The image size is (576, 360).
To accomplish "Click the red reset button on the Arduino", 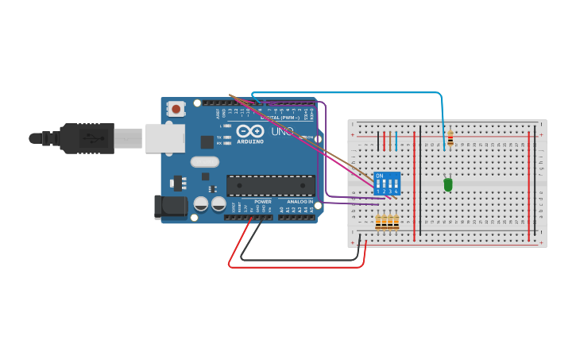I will click(176, 107).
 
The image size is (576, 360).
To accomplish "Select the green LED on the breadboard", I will click(448, 184).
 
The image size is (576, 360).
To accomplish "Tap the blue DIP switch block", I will click(386, 184).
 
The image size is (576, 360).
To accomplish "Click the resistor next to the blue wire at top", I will click(450, 138).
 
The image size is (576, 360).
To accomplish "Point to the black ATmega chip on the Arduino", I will click(270, 185).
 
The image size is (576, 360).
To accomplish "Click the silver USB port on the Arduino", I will click(164, 138).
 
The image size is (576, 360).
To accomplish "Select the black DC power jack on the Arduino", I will click(171, 207).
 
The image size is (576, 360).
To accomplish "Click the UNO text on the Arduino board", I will click(283, 130).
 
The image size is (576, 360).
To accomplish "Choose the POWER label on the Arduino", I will click(262, 202).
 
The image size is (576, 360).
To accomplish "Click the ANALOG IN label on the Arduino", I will click(300, 202).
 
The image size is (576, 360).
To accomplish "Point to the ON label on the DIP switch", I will click(379, 176).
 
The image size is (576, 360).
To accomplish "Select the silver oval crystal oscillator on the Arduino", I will click(204, 162).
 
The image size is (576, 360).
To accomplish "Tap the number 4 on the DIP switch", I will click(396, 192).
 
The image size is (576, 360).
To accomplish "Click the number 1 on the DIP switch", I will click(378, 192).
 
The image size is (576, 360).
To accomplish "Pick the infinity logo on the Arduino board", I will click(249, 131).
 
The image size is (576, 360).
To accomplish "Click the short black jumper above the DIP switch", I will click(378, 141).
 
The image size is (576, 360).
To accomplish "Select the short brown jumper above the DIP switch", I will click(390, 141).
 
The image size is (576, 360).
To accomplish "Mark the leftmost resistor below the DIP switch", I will click(378, 222).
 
